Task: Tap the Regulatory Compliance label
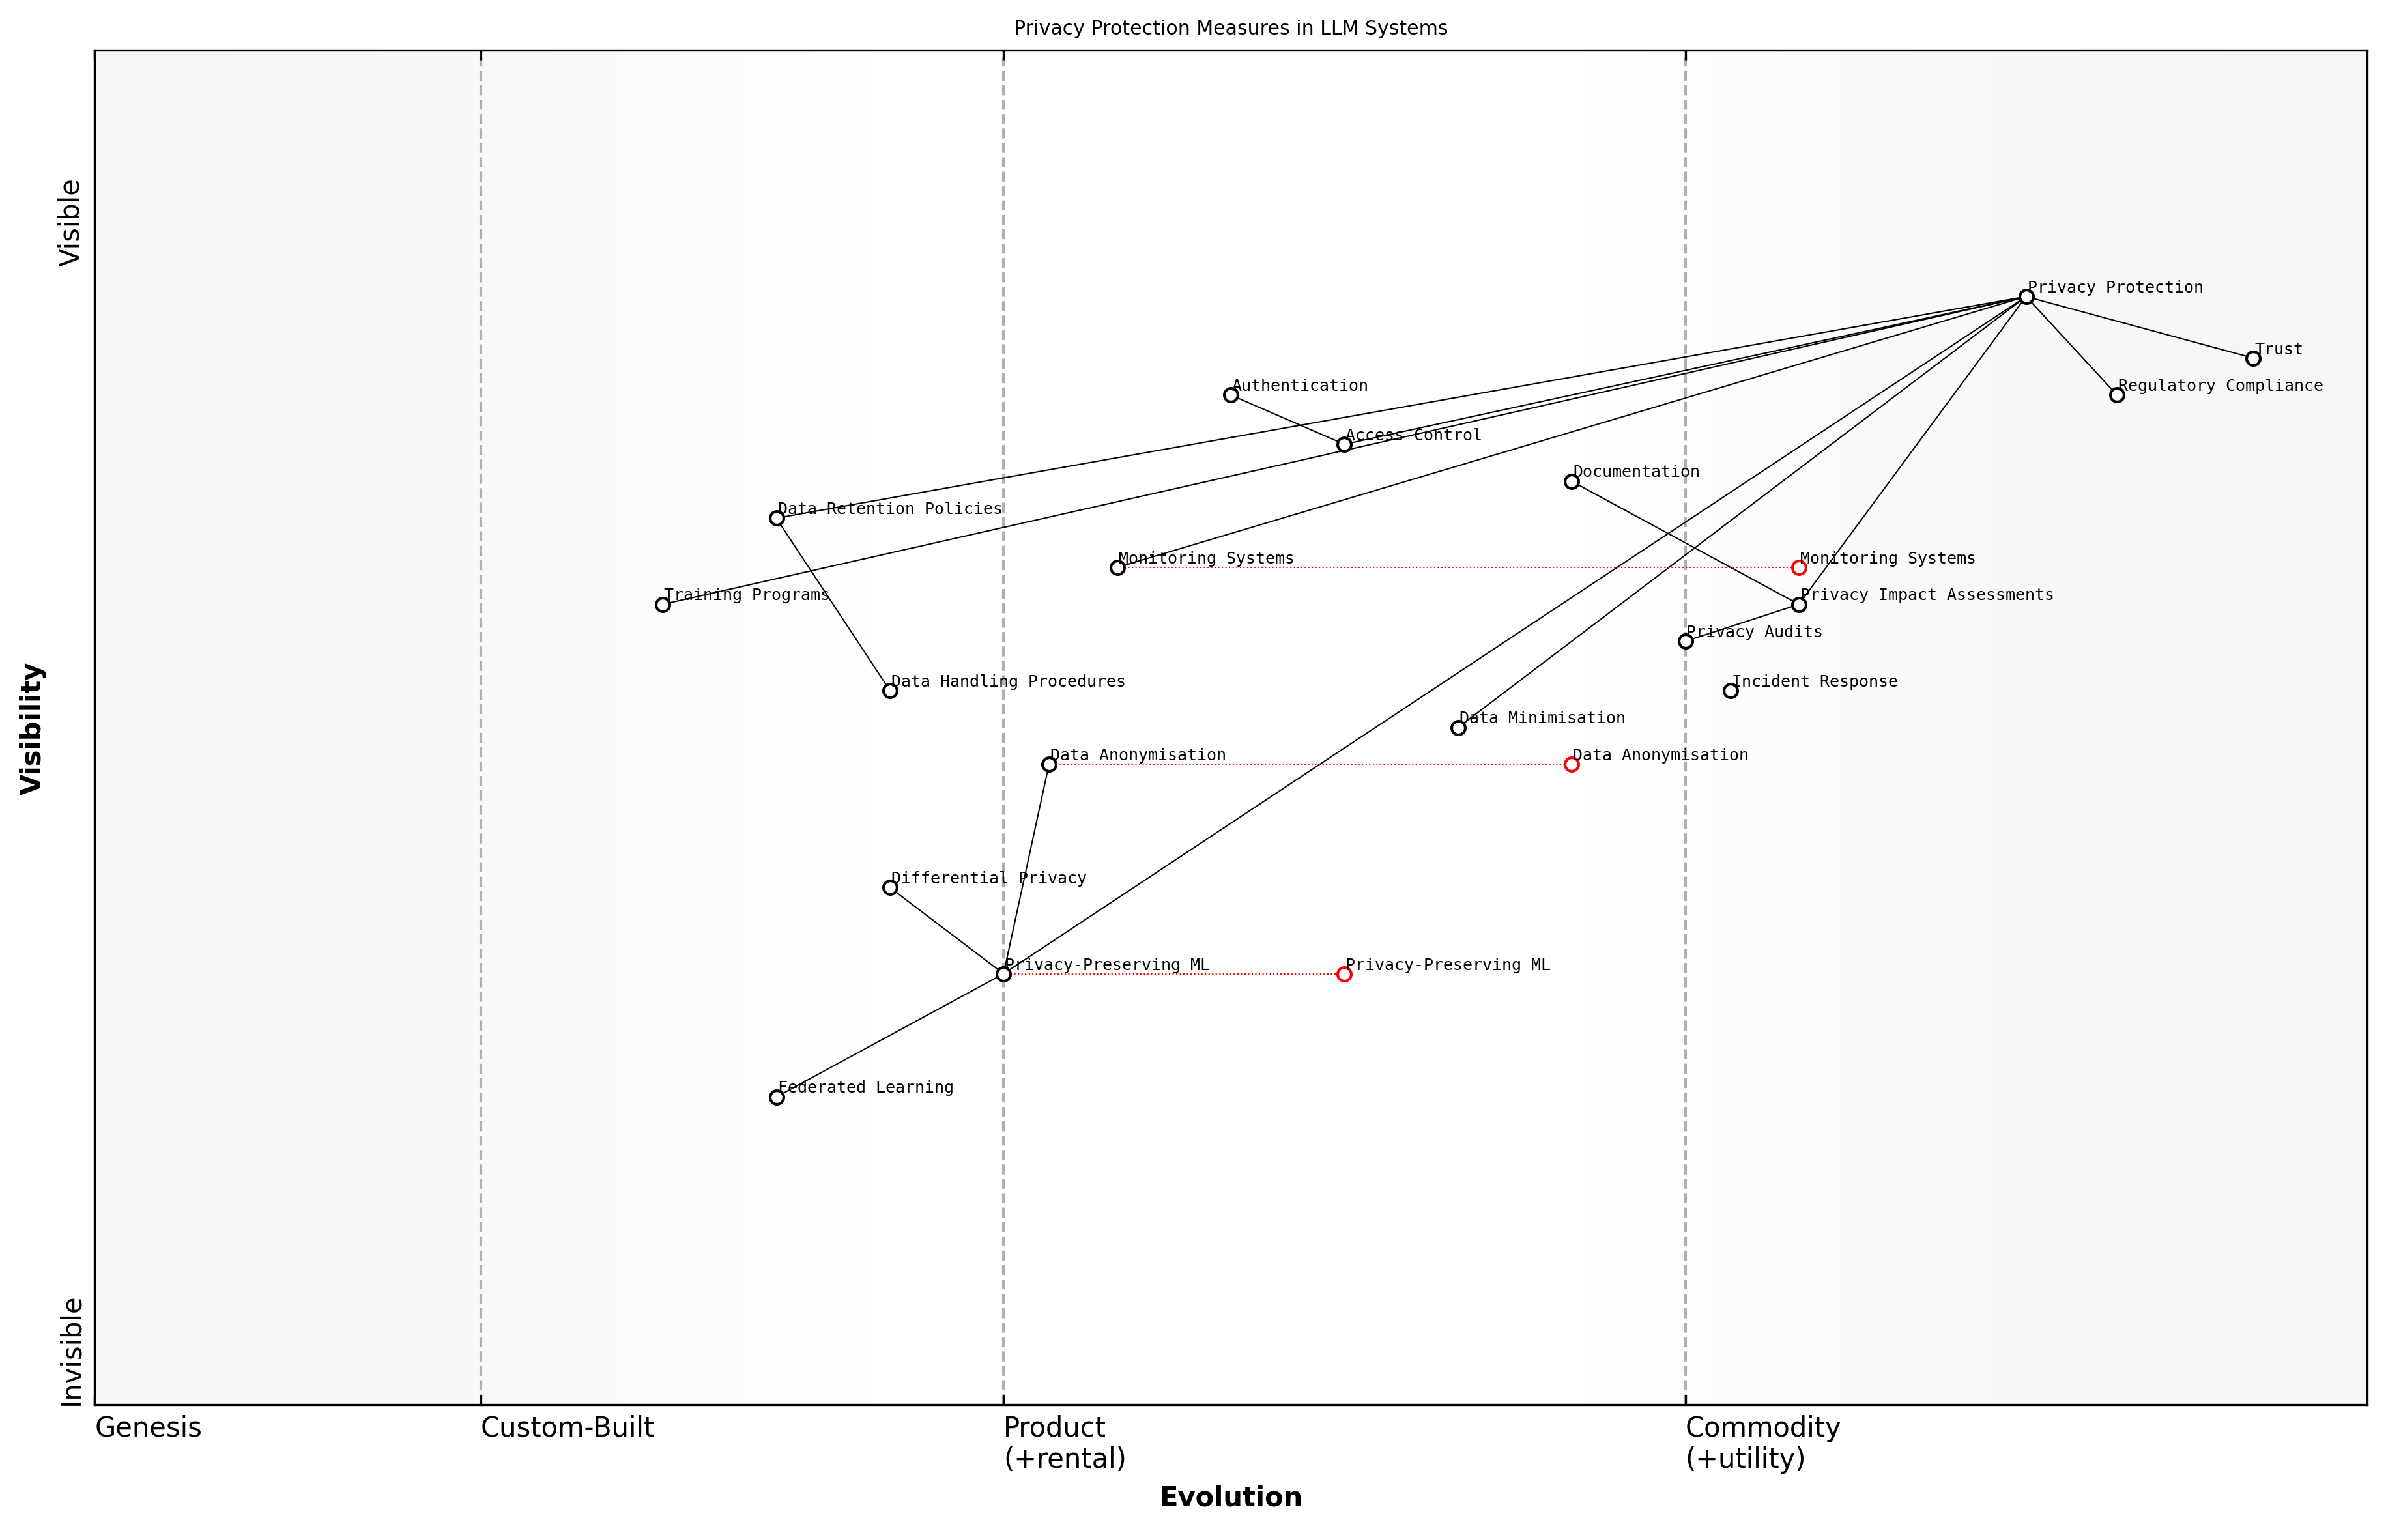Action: [2220, 386]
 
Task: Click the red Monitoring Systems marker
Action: [1798, 567]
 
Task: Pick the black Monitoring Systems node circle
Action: [1117, 567]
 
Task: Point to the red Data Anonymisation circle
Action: [1572, 764]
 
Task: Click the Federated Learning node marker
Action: [777, 1098]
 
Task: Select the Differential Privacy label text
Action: [988, 878]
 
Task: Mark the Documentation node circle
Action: [1572, 482]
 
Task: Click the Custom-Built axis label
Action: [567, 1427]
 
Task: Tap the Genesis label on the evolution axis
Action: [148, 1427]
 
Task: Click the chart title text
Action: [1229, 28]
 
